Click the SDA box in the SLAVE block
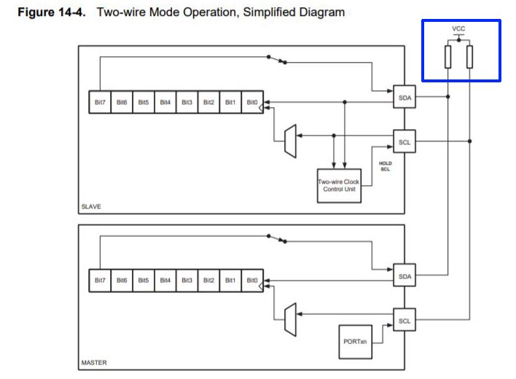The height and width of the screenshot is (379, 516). coord(404,97)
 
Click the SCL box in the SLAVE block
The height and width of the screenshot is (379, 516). coord(404,142)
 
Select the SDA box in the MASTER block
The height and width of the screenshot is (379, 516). coord(404,276)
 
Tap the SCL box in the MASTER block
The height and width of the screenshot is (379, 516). coord(404,321)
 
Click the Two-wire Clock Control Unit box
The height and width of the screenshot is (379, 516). coord(338,185)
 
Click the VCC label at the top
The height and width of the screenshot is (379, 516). coord(458,28)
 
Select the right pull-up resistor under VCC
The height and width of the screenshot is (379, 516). coord(469,56)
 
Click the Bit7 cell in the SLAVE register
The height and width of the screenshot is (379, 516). coord(99,103)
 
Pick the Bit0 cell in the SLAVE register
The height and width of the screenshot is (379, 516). coord(251,103)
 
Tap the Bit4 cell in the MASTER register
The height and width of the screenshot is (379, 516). coord(165,281)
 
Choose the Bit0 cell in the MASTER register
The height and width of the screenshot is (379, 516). coord(251,281)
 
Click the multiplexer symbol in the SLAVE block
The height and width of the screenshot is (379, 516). coord(290,140)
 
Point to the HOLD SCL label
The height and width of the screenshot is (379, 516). coord(386,166)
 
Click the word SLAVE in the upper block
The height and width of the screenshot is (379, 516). coord(91,206)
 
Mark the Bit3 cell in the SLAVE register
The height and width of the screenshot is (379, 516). coord(187,103)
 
